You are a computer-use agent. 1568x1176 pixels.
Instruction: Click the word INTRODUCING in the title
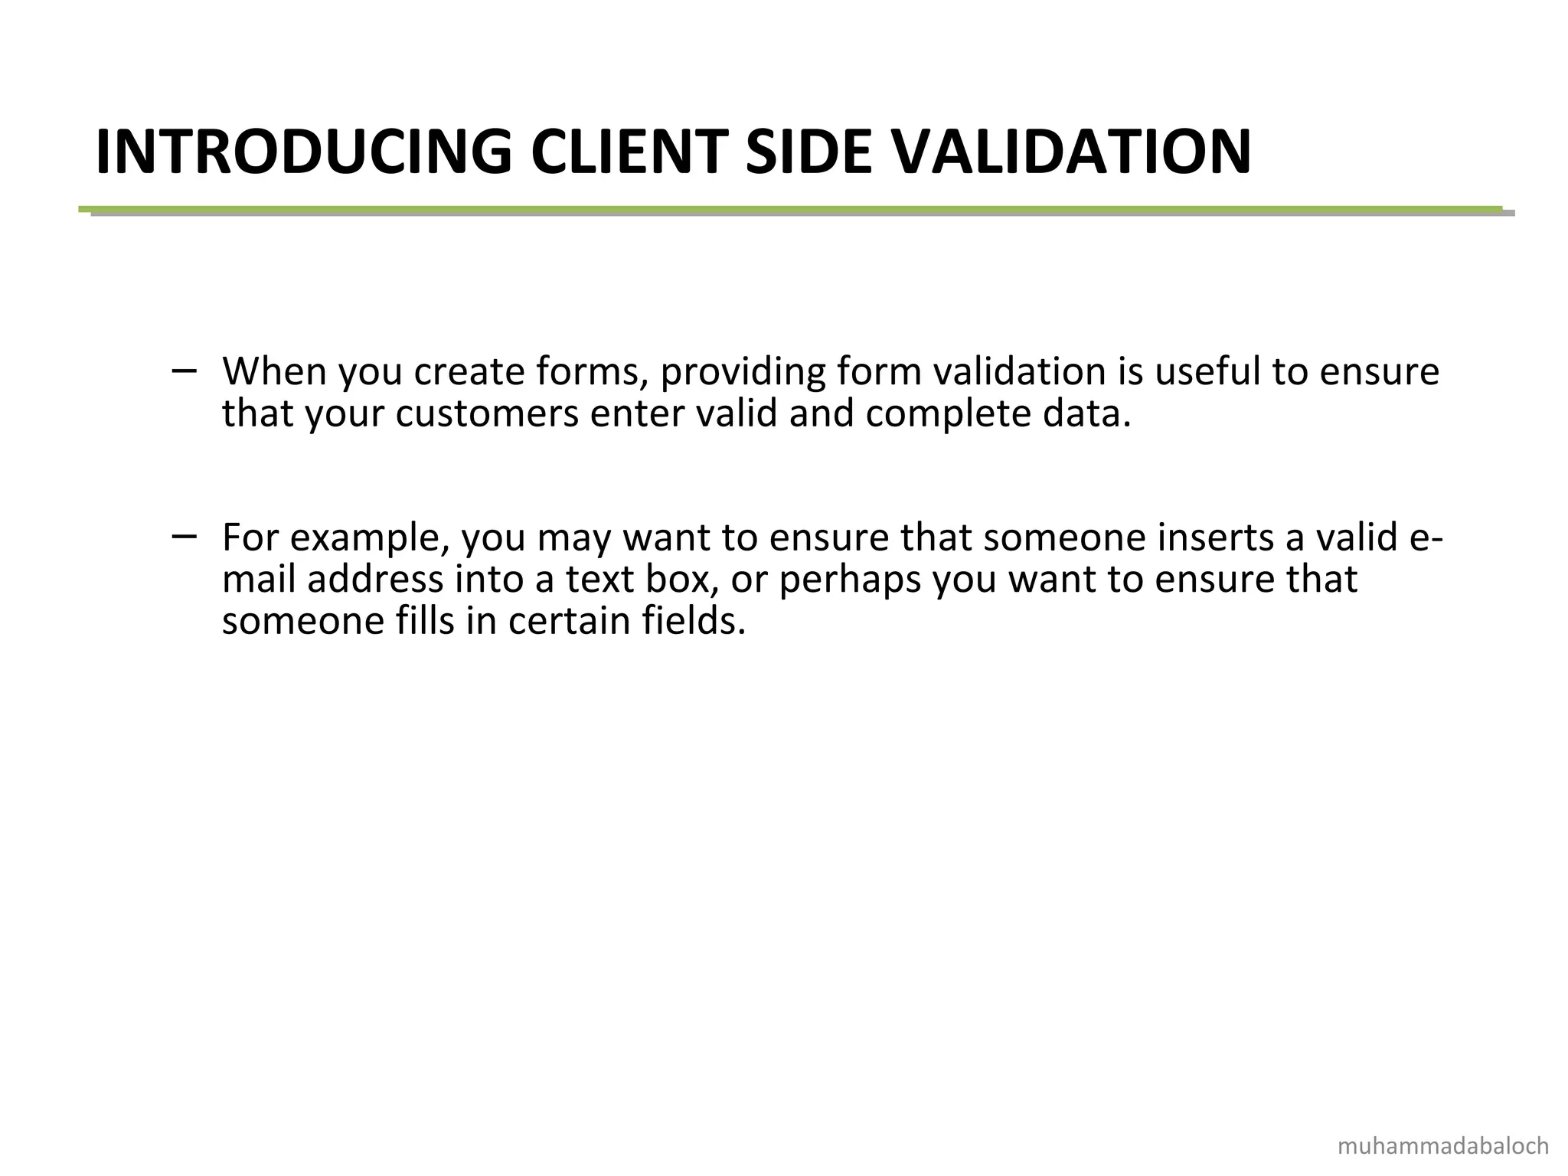click(x=303, y=152)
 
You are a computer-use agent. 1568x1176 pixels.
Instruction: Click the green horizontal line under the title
click(x=789, y=209)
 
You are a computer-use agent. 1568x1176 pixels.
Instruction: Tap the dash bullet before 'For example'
click(x=184, y=537)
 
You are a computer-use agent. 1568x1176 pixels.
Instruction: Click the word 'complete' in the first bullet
click(x=948, y=414)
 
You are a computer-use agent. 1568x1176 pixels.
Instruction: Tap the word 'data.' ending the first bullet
click(x=1087, y=414)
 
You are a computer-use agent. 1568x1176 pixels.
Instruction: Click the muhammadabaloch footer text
click(x=1442, y=1147)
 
